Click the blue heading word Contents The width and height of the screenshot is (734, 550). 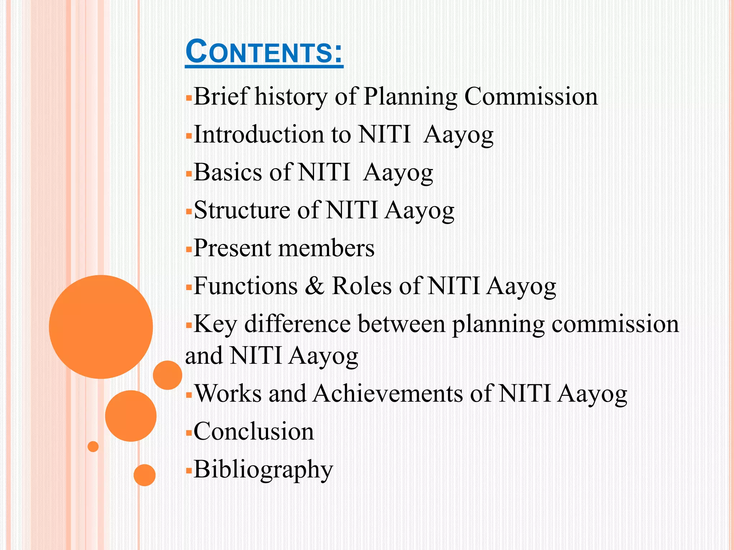point(264,52)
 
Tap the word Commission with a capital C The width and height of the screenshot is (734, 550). point(531,96)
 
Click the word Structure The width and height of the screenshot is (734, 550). point(242,210)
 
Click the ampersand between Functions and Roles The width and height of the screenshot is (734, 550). point(315,286)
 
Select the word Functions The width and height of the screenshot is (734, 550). point(246,286)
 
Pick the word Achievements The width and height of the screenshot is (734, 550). point(388,394)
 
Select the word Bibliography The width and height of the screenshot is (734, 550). point(263,469)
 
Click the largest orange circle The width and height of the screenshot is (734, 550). point(101,327)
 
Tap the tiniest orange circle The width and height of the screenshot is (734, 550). point(93,447)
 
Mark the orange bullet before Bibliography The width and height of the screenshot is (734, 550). point(189,471)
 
